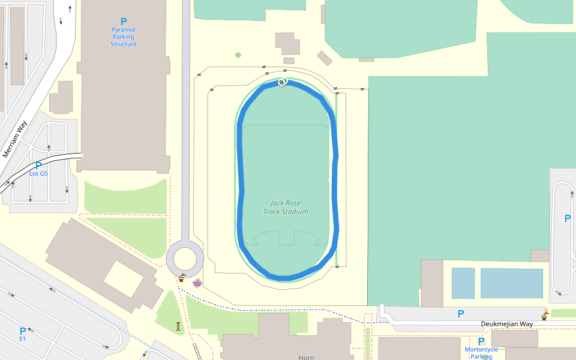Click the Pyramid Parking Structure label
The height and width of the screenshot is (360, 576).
coord(124,37)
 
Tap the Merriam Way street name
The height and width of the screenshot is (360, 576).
coord(15,139)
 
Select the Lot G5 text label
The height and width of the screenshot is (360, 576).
coord(38,174)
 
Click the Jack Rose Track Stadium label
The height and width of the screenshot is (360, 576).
coord(286,208)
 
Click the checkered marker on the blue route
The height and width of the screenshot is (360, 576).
coord(282,82)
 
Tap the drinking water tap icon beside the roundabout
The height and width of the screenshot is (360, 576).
coord(182,278)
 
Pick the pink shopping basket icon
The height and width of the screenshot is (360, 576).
coord(197,283)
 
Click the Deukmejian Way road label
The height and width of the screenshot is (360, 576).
coord(506,324)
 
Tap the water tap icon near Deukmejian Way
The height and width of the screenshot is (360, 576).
coord(545,316)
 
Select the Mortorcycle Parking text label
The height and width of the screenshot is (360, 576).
coord(481,353)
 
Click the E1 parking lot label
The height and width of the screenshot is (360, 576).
coord(23,339)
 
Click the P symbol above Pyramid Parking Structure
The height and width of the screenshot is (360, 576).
coord(124,22)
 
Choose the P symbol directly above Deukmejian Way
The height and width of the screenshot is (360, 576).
coord(461,314)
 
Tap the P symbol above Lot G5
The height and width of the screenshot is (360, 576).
coord(38,166)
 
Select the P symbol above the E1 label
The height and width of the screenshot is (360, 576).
coord(23,331)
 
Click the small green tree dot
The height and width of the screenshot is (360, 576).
coord(238,55)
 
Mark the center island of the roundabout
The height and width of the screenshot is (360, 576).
coord(185,259)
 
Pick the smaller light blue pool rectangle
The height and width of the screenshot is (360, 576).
coord(463,283)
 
